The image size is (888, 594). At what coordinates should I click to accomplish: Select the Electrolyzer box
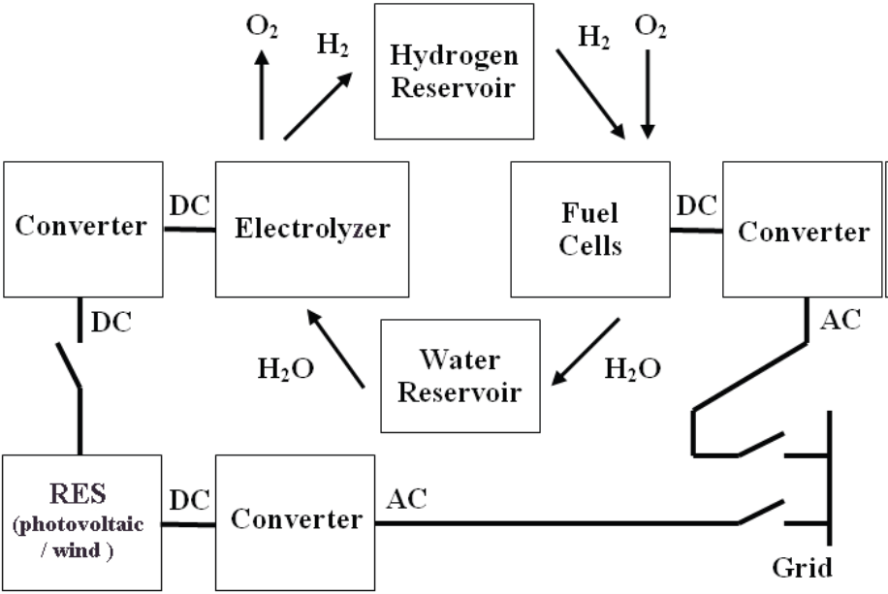point(311,229)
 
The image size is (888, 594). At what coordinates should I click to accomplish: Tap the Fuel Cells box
point(589,229)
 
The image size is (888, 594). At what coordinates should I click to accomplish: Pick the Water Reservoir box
point(460,377)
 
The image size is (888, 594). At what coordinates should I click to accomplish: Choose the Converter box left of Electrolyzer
point(81,227)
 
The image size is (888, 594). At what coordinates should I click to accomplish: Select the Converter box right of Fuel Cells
point(803,231)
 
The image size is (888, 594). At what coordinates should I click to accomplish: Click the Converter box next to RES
point(296,520)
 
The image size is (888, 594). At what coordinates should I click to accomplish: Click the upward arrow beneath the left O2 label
point(261,97)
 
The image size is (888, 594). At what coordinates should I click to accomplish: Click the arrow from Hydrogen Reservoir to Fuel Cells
point(589,93)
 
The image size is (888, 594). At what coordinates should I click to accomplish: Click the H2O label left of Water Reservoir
point(286,370)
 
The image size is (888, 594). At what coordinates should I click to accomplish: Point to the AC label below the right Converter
point(840,320)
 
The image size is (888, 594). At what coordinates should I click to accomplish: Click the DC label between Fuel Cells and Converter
point(696,205)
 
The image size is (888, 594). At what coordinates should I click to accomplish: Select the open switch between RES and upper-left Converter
point(69,366)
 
